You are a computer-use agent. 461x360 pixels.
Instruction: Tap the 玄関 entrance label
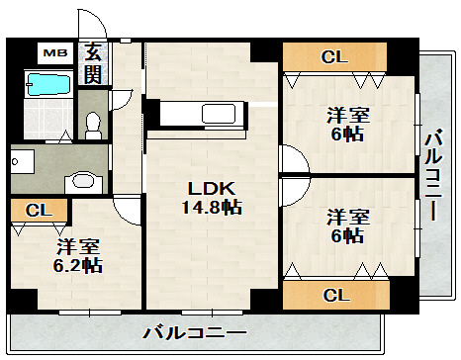pyautogui.click(x=93, y=62)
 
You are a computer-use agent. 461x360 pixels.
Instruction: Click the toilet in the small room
pyautogui.click(x=93, y=124)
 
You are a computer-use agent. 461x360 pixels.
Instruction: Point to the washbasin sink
pyautogui.click(x=85, y=181)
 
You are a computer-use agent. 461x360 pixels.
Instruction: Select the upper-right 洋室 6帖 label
pyautogui.click(x=348, y=124)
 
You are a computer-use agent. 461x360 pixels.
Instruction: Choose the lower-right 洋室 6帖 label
pyautogui.click(x=348, y=225)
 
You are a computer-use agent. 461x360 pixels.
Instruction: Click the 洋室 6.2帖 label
pyautogui.click(x=77, y=254)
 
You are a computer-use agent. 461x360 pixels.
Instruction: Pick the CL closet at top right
pyautogui.click(x=335, y=57)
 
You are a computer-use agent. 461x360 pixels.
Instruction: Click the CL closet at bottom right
pyautogui.click(x=335, y=294)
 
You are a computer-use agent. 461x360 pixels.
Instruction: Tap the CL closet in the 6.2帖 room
pyautogui.click(x=39, y=210)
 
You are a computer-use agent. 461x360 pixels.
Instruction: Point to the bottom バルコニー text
pyautogui.click(x=193, y=331)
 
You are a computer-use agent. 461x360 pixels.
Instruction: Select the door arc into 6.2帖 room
pyautogui.click(x=128, y=208)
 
